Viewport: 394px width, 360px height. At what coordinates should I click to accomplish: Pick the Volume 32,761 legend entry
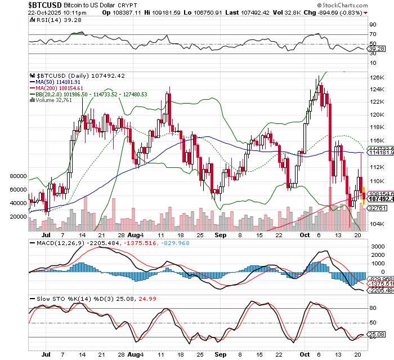[52, 101]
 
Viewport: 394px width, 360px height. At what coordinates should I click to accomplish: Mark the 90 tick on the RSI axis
[372, 25]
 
